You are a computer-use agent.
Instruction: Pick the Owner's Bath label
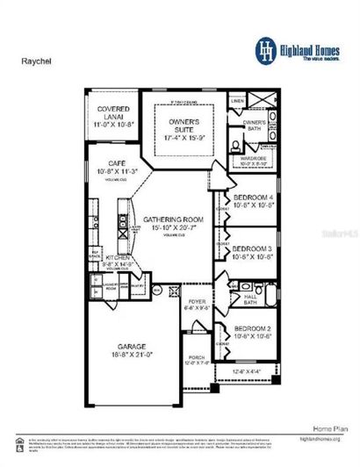pos(254,125)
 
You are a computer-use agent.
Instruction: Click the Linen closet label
pos(237,101)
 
